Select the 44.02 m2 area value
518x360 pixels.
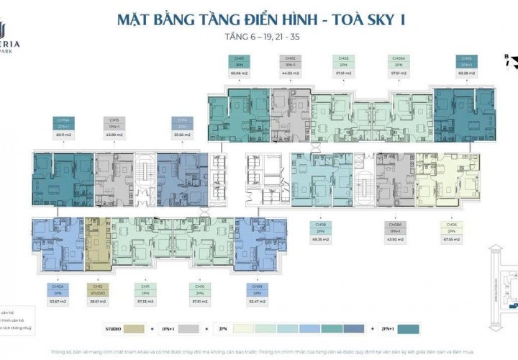(291, 73)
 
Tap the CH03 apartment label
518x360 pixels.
(343, 60)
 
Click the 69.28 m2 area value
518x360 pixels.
(464, 73)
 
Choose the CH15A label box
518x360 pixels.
(63, 123)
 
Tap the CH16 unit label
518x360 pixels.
(182, 123)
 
